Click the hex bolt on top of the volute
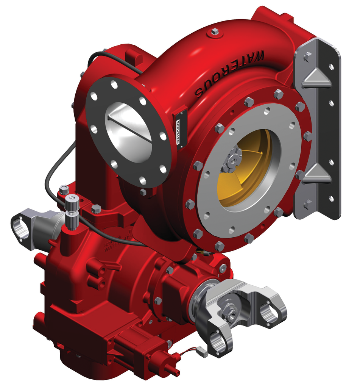(215, 31)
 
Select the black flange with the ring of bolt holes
(95, 114)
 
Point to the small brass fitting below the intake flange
(200, 251)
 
